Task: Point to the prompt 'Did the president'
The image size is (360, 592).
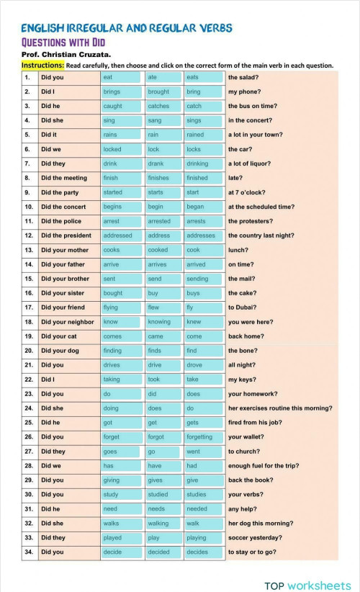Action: point(66,236)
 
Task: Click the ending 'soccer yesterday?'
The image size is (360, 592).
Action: point(255,538)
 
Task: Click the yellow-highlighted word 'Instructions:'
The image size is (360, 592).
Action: point(42,65)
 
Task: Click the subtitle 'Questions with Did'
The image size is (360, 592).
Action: point(63,42)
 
